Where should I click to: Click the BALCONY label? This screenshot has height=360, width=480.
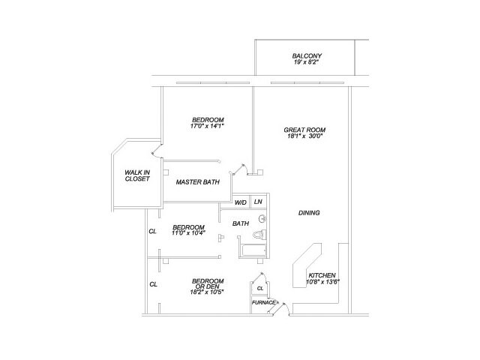pyautogui.click(x=306, y=56)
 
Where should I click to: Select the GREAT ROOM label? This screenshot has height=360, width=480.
pyautogui.click(x=304, y=129)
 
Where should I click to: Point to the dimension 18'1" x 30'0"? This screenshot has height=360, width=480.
pyautogui.click(x=305, y=136)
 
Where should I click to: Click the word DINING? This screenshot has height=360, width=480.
pyautogui.click(x=309, y=213)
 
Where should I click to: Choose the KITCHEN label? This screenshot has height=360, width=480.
pyautogui.click(x=322, y=275)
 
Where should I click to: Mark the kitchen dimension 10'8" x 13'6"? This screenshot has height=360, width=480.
pyautogui.click(x=323, y=283)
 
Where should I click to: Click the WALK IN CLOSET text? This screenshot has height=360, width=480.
pyautogui.click(x=137, y=175)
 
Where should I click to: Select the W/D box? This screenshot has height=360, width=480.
pyautogui.click(x=241, y=202)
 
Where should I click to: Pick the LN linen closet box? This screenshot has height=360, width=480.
pyautogui.click(x=257, y=202)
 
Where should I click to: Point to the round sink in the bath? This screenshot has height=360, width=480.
pyautogui.click(x=262, y=220)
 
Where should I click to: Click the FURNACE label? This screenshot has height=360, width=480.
pyautogui.click(x=264, y=302)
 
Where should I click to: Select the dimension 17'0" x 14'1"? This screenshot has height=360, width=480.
pyautogui.click(x=208, y=127)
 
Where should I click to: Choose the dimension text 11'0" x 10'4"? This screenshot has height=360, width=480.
pyautogui.click(x=188, y=234)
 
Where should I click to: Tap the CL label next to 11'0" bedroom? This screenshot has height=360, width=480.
pyautogui.click(x=153, y=231)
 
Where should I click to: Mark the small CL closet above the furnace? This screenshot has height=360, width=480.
pyautogui.click(x=260, y=287)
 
